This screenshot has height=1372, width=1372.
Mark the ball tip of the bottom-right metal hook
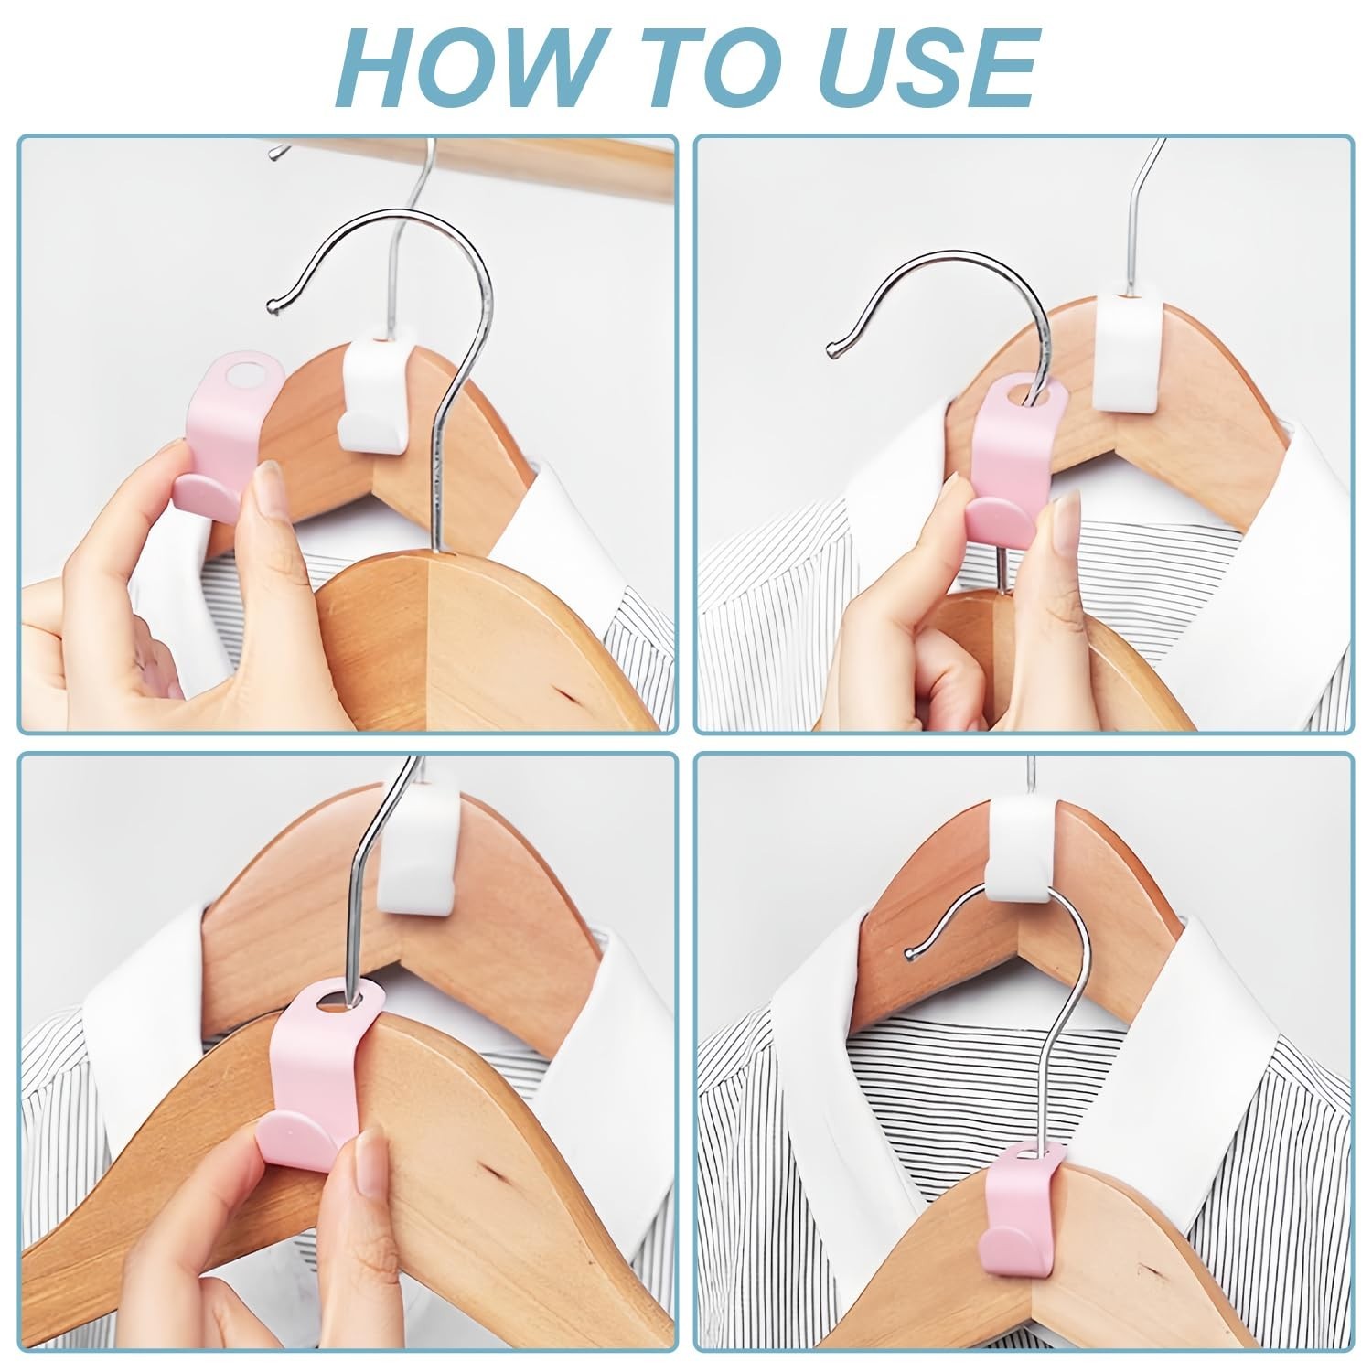pos(910,954)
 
